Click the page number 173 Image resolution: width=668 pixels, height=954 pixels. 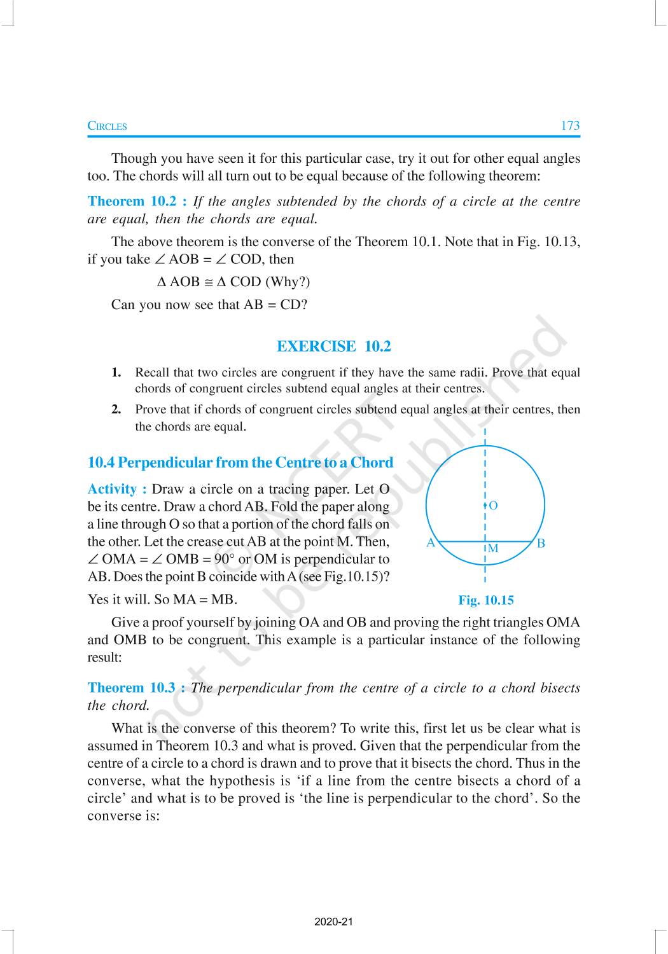[x=569, y=125]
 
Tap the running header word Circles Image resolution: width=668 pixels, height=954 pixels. [x=107, y=126]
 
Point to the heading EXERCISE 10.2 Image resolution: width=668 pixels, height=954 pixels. [x=333, y=347]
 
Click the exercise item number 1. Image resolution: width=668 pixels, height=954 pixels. [x=116, y=373]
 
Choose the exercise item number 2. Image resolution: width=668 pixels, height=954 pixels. [x=116, y=410]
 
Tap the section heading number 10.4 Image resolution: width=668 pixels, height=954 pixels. [x=101, y=463]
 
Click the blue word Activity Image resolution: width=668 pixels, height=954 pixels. [x=113, y=489]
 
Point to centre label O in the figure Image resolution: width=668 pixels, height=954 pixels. [x=493, y=506]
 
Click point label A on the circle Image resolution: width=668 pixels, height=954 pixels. [x=431, y=543]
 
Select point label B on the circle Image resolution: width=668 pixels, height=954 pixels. [x=541, y=543]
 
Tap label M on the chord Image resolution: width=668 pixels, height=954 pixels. [x=493, y=548]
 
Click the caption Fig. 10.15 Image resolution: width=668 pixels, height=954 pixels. [x=485, y=600]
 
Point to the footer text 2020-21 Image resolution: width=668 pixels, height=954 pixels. [x=333, y=922]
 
